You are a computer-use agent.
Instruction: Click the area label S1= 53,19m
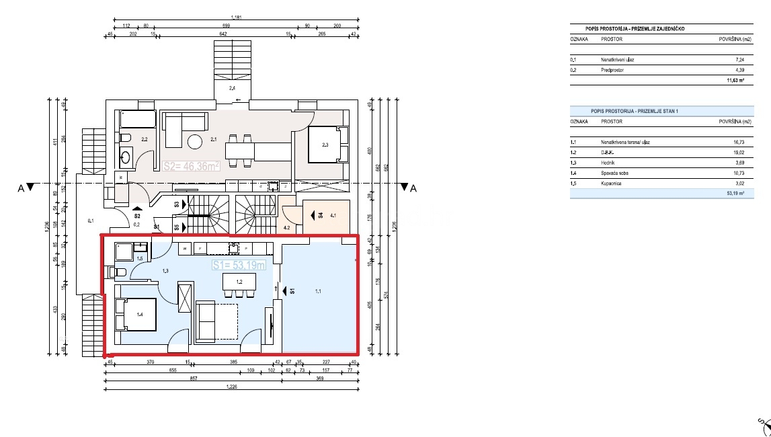pyautogui.click(x=238, y=266)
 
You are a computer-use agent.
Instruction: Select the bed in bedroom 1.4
pyautogui.click(x=136, y=314)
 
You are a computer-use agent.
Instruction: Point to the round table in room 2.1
pyautogui.click(x=196, y=143)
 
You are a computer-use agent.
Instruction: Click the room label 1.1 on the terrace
pyautogui.click(x=319, y=292)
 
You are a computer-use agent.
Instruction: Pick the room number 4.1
pyautogui.click(x=334, y=216)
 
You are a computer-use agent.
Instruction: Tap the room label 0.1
pyautogui.click(x=91, y=220)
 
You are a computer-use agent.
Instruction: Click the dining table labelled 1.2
pyautogui.click(x=239, y=283)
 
